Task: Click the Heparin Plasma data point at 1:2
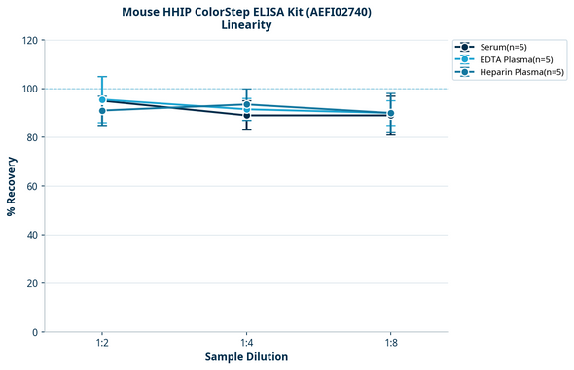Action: point(102,111)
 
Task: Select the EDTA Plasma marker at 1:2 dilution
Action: point(102,99)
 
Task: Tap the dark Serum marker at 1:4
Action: point(247,116)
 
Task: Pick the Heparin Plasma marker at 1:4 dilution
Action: point(247,104)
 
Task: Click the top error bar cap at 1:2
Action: point(102,77)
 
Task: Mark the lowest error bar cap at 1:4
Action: point(247,129)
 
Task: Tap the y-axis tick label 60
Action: point(30,186)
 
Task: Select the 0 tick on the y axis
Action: point(34,332)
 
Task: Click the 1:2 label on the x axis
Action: point(102,343)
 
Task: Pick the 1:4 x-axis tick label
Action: point(247,343)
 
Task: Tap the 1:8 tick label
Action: point(391,343)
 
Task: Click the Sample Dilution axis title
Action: point(246,357)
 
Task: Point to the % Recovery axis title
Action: point(12,186)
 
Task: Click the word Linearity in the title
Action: point(246,25)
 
